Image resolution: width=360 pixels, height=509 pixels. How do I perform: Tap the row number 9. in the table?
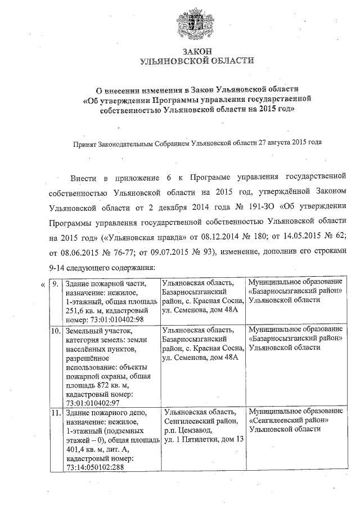click(x=56, y=284)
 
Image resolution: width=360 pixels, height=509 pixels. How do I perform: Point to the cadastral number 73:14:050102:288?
click(x=97, y=467)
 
